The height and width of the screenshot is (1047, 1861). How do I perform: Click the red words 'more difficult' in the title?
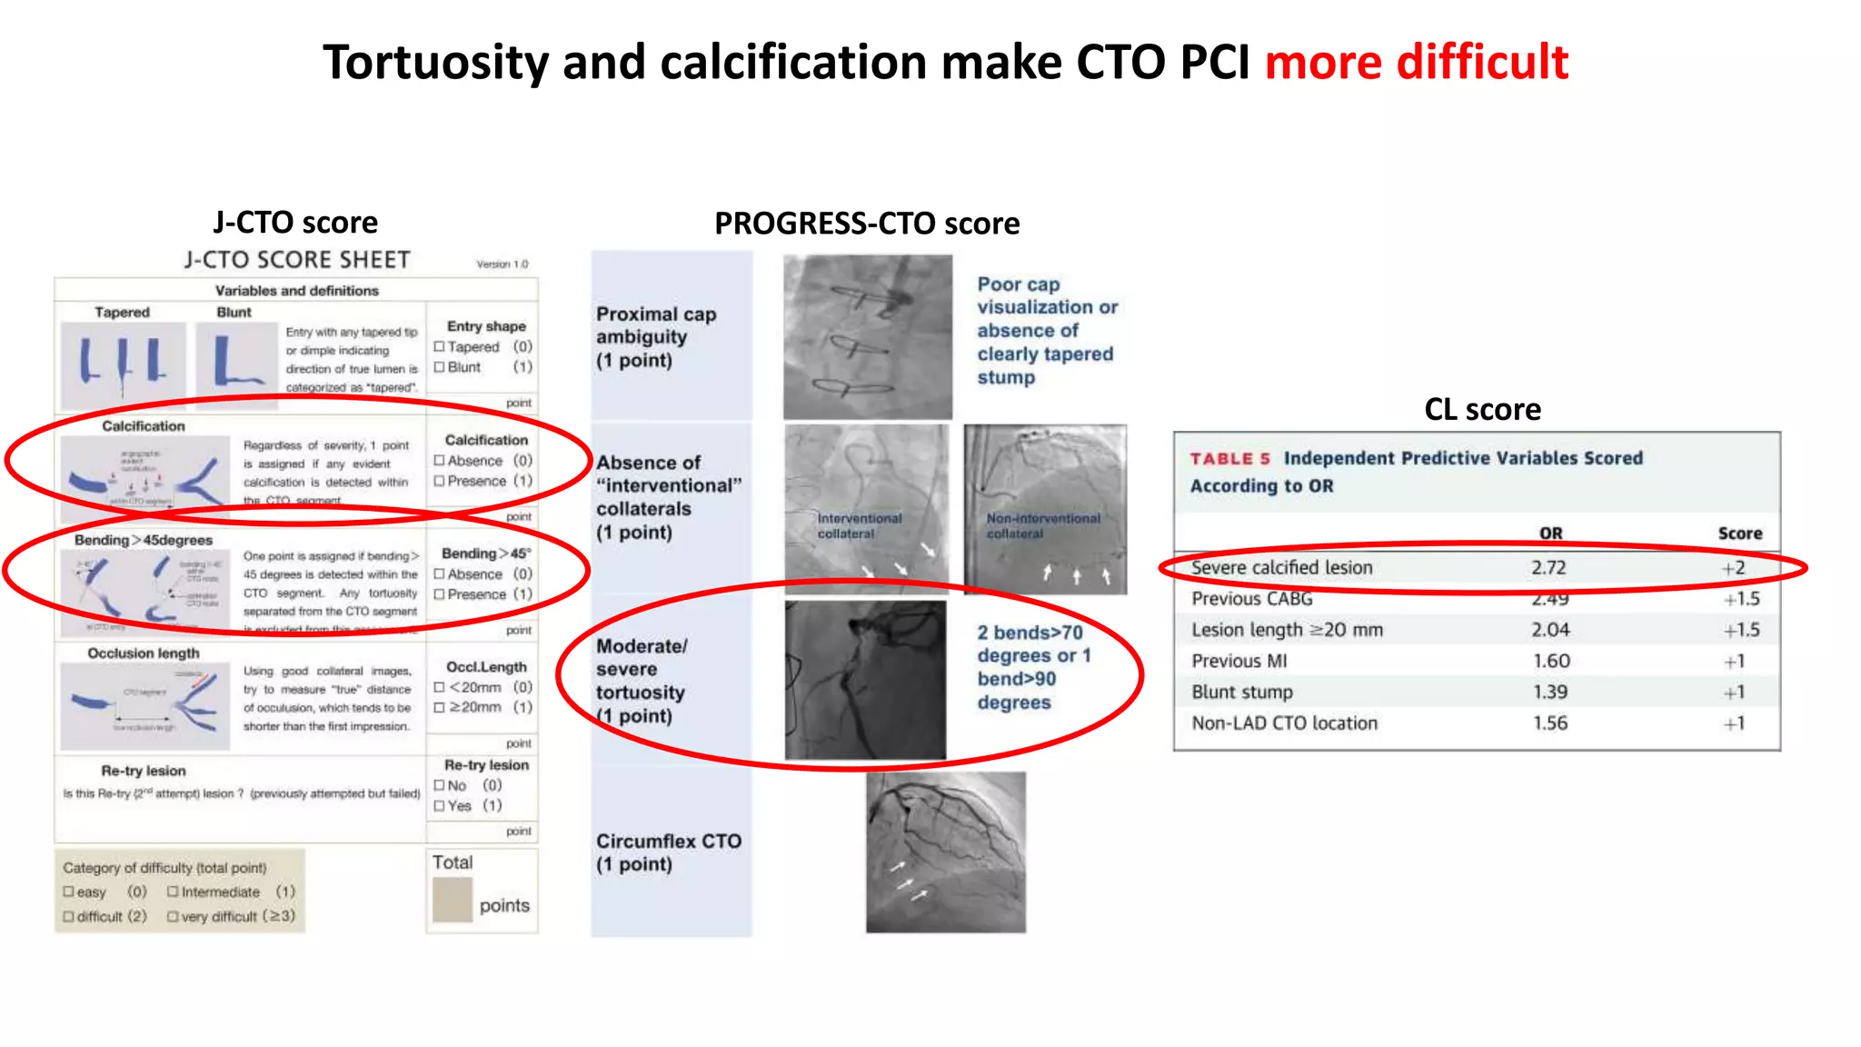point(1416,62)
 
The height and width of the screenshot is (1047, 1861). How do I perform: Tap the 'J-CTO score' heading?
point(295,223)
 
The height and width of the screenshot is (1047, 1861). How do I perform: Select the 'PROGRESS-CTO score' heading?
point(867,224)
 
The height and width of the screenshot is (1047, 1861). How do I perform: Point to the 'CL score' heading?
point(1482,410)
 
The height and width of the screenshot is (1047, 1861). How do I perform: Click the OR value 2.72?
point(1548,568)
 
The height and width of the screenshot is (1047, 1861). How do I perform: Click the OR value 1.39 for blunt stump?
point(1549,693)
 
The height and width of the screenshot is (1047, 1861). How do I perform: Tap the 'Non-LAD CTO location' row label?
point(1284,723)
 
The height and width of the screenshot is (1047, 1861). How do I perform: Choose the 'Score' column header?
point(1739,533)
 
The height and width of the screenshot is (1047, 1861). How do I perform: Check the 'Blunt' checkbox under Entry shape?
point(440,367)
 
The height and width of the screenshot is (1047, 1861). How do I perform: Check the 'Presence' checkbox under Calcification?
point(440,481)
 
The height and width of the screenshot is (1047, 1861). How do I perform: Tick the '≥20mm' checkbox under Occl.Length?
point(440,707)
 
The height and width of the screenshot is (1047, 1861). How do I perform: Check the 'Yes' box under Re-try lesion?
point(440,806)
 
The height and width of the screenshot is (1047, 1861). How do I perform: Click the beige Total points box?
point(452,900)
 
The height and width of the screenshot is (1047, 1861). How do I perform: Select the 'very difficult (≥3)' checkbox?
point(173,917)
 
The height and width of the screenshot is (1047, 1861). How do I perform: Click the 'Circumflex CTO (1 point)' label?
point(668,853)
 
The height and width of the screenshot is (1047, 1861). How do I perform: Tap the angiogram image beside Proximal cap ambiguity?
point(867,337)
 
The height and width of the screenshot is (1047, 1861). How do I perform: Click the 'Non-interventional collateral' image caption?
point(1042,525)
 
